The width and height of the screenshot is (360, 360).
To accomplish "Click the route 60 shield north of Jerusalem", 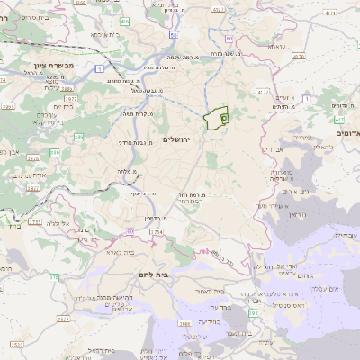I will coord(229,39).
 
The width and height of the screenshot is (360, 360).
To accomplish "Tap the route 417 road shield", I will coord(263,91).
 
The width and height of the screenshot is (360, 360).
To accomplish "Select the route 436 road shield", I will coord(124,20).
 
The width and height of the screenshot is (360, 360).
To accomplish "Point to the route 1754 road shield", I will coord(156,231).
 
